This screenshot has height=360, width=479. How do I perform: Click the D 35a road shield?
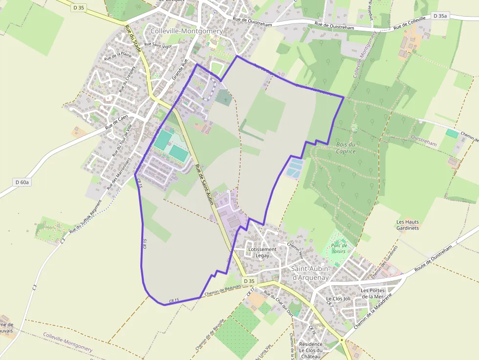[x=439, y=16]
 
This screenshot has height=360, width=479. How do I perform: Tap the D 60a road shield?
[x=22, y=182]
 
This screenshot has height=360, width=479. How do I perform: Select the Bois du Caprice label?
[x=346, y=148]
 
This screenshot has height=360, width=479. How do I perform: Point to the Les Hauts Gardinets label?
[x=407, y=225]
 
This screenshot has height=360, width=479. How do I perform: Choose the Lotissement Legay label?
[x=262, y=252]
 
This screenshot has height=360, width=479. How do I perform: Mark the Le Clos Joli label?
[x=338, y=298]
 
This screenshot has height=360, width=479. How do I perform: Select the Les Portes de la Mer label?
[x=372, y=293]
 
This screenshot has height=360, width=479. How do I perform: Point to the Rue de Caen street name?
[x=116, y=122]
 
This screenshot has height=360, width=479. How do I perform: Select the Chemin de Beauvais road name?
[x=223, y=289]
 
